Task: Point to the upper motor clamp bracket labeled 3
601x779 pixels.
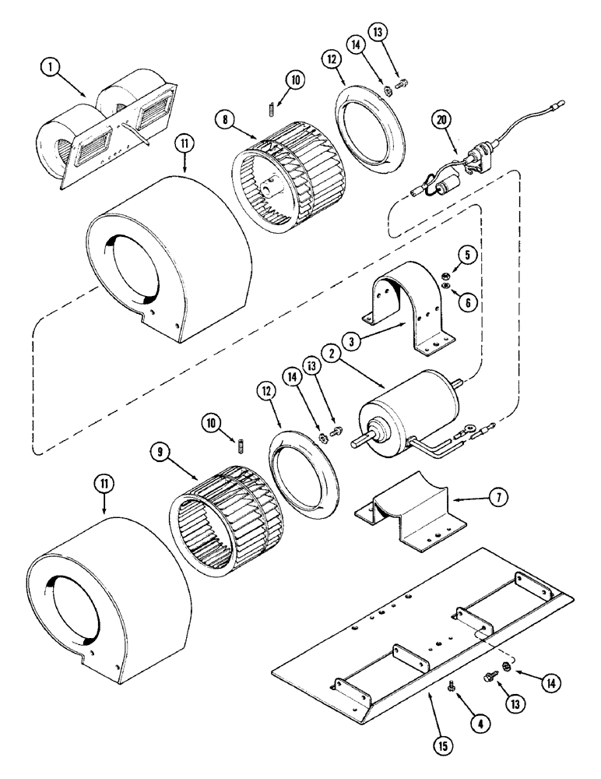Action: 404,304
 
